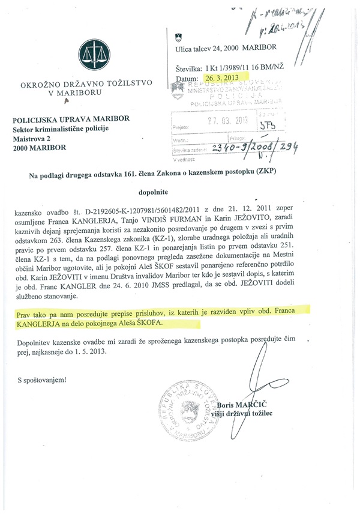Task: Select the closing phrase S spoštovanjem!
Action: pos(43,379)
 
